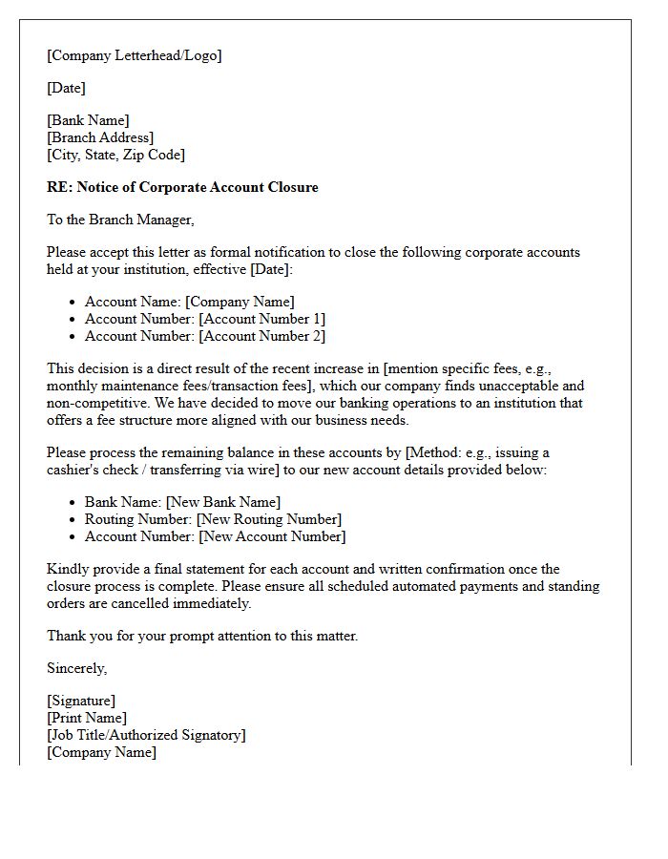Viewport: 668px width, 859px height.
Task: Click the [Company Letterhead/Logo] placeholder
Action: [134, 55]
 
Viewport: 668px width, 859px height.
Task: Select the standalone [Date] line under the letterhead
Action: [66, 88]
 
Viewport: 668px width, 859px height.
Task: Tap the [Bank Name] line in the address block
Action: [88, 120]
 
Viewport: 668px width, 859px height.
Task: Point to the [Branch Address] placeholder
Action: [100, 137]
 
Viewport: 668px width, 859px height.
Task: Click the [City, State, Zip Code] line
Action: [115, 155]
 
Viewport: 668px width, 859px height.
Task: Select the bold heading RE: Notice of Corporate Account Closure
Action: [182, 187]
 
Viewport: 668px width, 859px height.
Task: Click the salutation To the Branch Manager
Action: [120, 220]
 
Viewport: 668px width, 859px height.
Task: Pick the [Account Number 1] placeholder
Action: [261, 319]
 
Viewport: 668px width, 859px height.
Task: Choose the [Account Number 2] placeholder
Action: [261, 336]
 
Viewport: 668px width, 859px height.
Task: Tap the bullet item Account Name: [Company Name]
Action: [189, 302]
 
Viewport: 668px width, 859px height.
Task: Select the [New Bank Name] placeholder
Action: [222, 502]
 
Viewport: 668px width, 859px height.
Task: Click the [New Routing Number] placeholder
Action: [268, 519]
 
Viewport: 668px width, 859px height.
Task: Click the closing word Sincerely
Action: [76, 668]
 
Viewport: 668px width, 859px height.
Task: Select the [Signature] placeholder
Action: [81, 701]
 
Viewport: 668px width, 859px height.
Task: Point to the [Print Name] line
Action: [87, 718]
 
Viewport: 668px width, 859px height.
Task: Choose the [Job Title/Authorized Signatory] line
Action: [146, 735]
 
